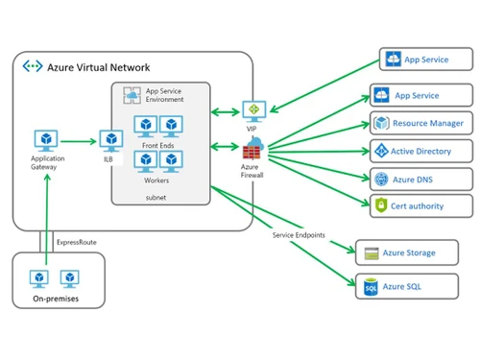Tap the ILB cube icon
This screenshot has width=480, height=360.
111,140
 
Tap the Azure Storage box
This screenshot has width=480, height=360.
402,253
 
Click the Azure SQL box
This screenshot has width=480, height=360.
402,286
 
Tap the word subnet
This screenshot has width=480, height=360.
156,196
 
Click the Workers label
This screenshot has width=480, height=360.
156,180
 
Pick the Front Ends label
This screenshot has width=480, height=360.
156,143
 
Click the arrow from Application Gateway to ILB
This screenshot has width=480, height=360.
82,141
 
